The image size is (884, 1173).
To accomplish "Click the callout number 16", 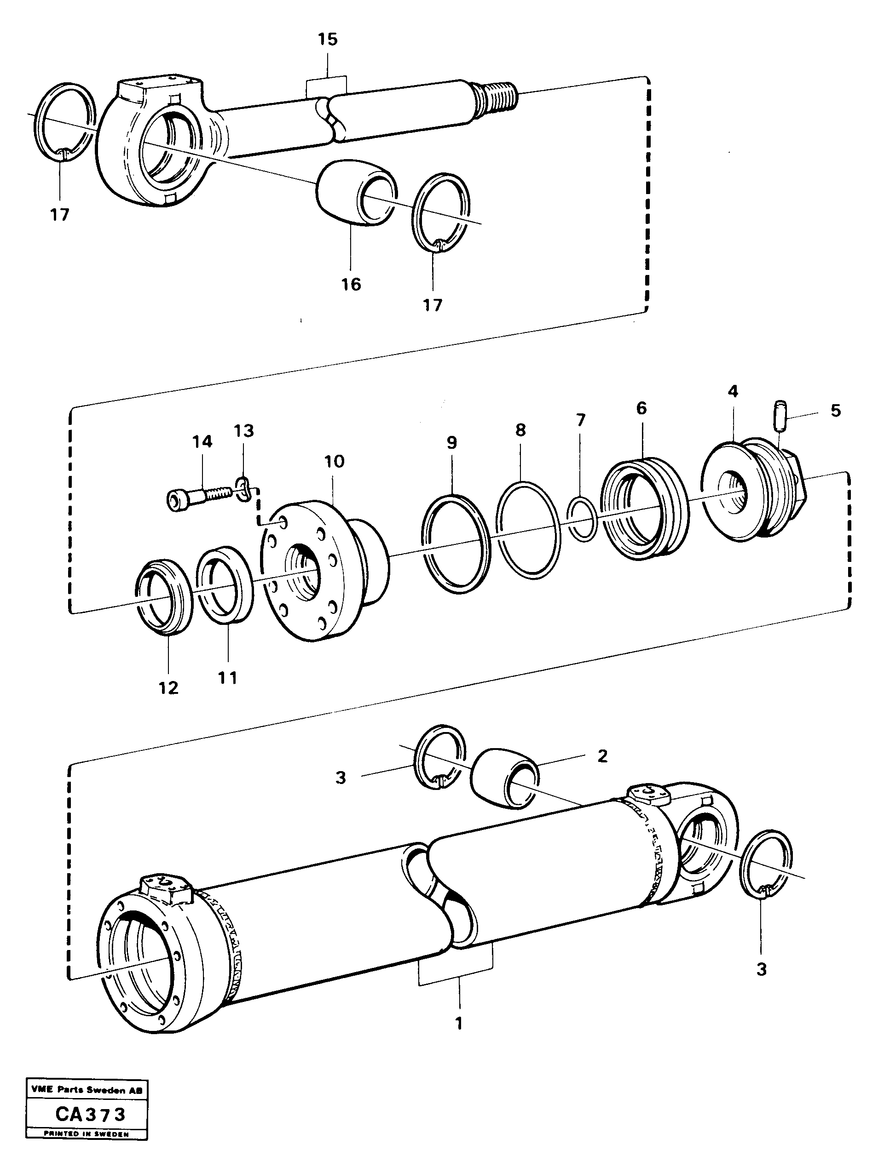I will pos(351,284).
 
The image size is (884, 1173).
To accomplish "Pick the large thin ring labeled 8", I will pos(528,530).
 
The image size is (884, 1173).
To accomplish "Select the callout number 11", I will pos(228,677).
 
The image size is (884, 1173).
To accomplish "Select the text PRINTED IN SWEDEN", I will pos(87,1149).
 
